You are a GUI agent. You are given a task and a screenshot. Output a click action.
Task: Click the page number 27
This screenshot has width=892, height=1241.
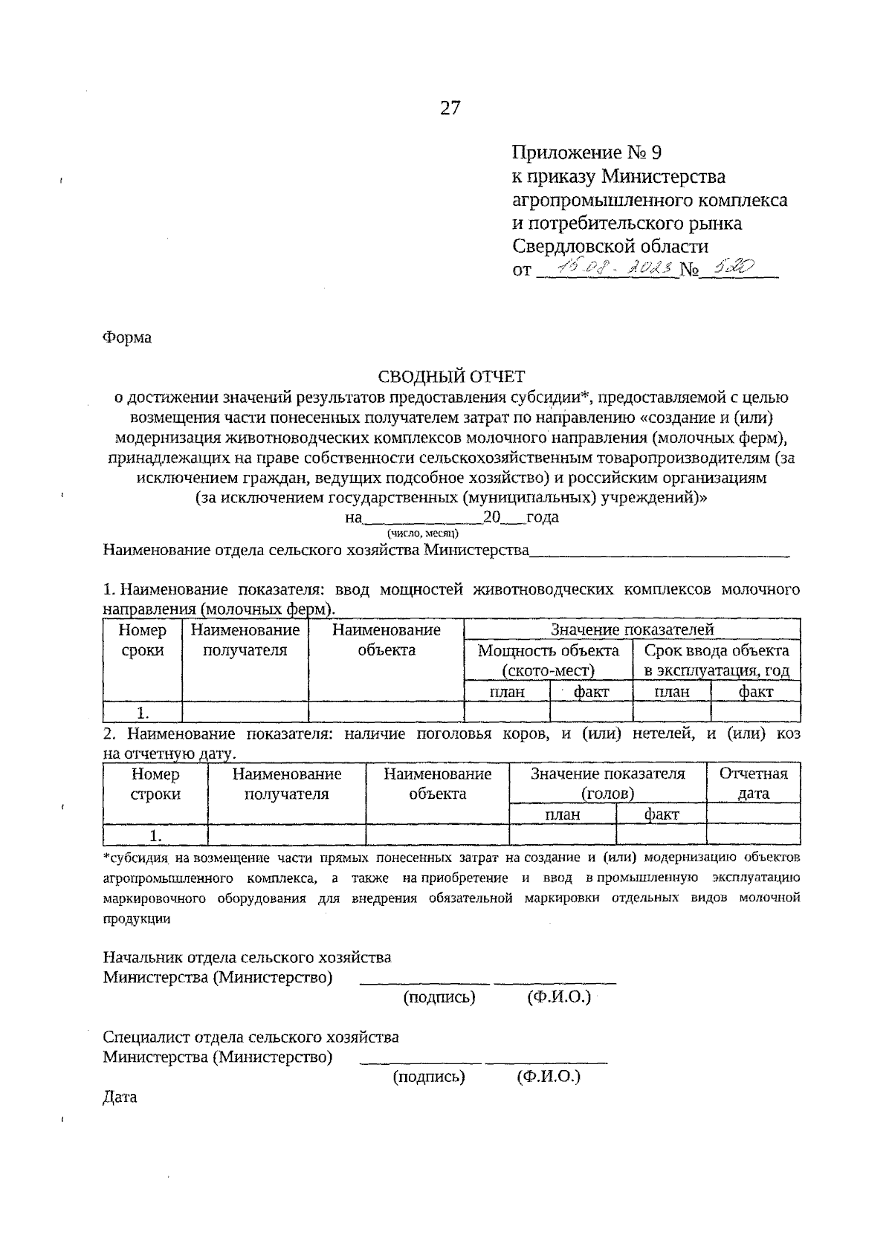[450, 108]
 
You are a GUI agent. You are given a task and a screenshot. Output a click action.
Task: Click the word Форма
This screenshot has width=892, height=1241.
[127, 337]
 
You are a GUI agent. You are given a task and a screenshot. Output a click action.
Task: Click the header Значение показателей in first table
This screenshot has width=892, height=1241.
[632, 629]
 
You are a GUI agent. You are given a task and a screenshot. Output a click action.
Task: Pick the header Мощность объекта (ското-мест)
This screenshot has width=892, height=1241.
[548, 661]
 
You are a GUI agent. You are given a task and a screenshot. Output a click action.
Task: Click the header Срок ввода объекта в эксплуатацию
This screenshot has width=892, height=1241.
[717, 661]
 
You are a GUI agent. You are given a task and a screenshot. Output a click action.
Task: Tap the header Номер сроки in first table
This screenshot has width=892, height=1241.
[142, 641]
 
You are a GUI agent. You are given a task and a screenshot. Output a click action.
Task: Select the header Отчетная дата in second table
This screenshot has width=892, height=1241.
[753, 783]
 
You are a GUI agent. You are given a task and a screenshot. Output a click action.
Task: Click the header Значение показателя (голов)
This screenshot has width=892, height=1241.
[607, 783]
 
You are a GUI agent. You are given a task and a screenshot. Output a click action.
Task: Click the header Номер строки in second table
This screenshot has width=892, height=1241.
[155, 783]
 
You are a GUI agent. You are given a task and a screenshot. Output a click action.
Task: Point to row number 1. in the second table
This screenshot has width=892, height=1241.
[155, 835]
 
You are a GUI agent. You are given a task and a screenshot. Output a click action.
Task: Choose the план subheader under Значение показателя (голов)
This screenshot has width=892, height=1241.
[563, 814]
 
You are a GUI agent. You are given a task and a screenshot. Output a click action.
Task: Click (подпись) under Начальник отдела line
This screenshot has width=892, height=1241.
[439, 997]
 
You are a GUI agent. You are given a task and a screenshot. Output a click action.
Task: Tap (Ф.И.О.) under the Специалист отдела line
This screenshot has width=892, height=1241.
[548, 1077]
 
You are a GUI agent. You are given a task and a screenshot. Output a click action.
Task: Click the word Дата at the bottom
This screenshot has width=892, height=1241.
[120, 1097]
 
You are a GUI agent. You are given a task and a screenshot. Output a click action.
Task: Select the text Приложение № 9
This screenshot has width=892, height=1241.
[586, 153]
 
